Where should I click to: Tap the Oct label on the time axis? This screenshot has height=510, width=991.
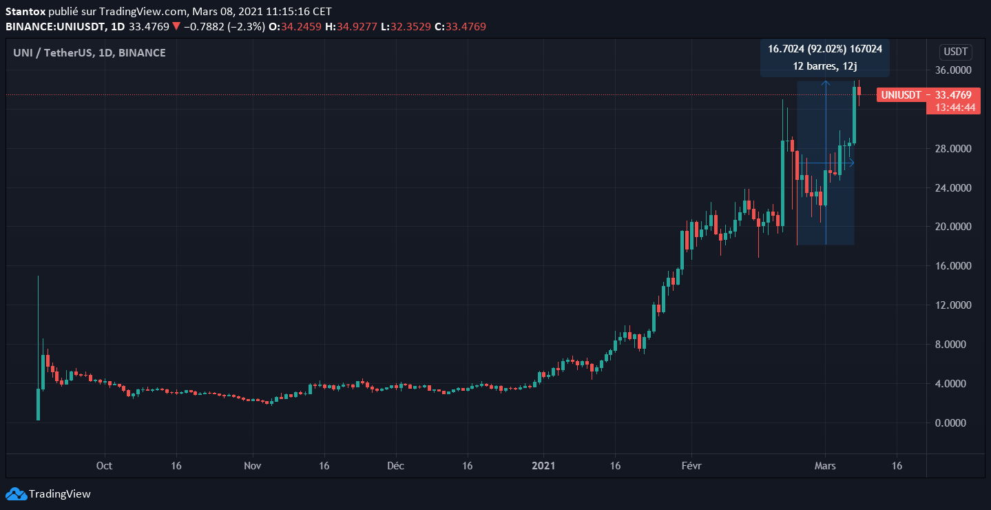(x=104, y=466)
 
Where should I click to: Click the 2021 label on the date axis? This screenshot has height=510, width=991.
(x=543, y=466)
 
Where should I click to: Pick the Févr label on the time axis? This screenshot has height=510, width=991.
(x=691, y=466)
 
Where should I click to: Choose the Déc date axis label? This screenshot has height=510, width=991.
(x=396, y=466)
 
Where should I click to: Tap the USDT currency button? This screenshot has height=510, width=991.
(x=956, y=52)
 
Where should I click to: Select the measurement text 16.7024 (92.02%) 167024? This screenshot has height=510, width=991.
(x=825, y=48)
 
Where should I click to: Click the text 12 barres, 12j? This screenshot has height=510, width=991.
(x=825, y=66)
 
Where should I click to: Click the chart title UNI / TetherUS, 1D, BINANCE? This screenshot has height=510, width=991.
(x=90, y=52)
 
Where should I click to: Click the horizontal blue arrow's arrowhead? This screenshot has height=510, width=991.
(x=852, y=163)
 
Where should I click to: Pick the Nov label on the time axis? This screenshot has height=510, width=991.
(x=252, y=466)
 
